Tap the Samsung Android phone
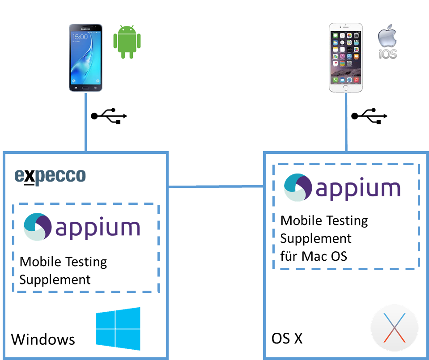86,58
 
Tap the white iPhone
345,58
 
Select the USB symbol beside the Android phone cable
110,116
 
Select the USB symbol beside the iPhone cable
370,116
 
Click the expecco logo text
50,176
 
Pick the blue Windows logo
118,329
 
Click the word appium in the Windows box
98,228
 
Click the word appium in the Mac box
358,188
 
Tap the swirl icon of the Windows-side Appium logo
37,227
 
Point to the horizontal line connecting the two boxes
216,186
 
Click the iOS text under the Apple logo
388,55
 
